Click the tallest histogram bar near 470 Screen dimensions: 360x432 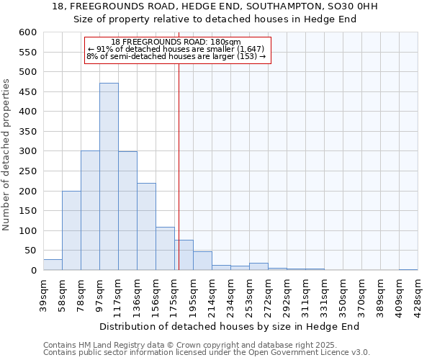109,176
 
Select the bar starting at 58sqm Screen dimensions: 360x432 71,230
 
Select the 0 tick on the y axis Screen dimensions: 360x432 33,271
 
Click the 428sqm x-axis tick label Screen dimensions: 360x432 418,292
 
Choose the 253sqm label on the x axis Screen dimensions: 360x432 249,292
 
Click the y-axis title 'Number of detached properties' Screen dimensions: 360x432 7,155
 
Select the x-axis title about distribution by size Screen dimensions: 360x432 229,326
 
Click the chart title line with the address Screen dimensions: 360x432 215,6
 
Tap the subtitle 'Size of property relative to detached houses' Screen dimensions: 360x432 215,19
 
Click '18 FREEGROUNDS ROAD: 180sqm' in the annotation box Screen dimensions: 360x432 176,42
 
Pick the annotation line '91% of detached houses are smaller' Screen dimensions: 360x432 176,49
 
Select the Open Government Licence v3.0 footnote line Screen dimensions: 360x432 207,352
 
